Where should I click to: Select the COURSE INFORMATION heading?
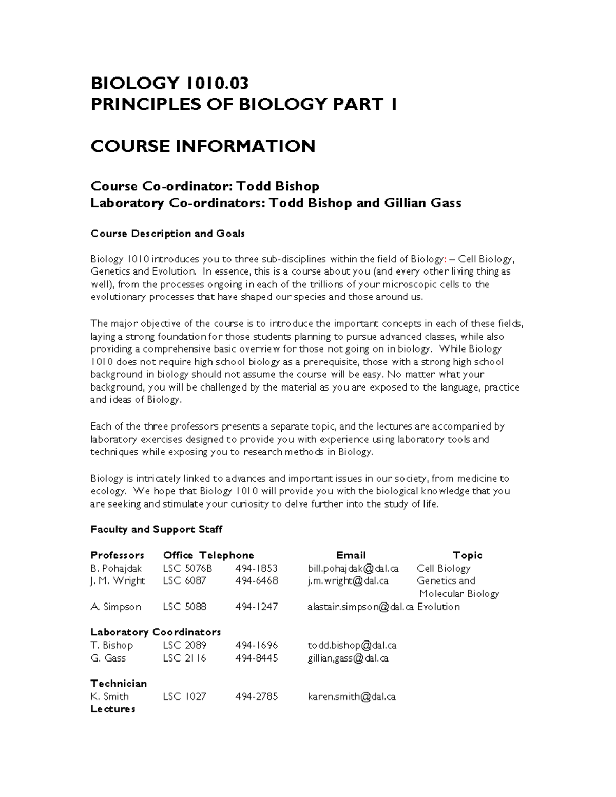203,146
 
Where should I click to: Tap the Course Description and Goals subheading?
167,234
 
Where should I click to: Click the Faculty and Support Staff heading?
156,529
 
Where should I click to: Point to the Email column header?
351,555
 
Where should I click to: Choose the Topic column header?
467,555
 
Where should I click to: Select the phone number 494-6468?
256,581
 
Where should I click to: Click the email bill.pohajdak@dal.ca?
353,568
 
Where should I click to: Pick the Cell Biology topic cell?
444,568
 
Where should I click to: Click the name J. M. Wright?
118,581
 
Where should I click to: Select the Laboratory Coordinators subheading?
156,632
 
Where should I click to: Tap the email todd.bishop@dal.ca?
352,645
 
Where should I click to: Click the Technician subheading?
119,684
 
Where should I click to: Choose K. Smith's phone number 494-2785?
256,696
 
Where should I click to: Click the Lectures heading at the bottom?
113,709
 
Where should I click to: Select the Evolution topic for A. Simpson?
438,607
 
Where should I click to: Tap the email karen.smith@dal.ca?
352,696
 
